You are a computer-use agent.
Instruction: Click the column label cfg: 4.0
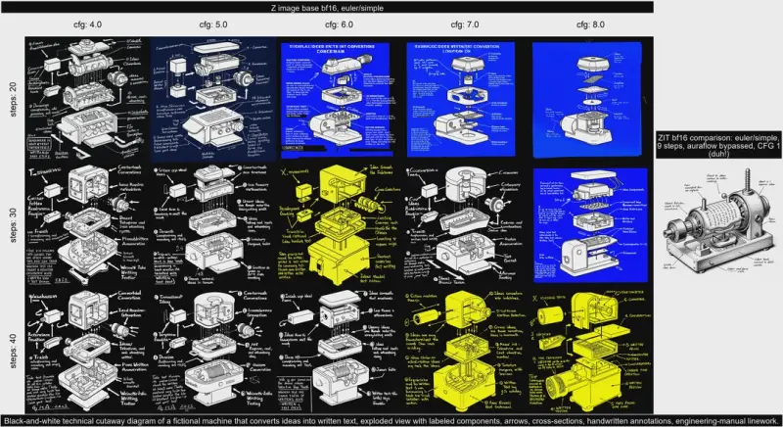[87, 24]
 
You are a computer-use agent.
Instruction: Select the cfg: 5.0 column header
[213, 24]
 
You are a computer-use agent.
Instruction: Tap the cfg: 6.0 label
[339, 24]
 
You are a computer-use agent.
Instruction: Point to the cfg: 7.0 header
[465, 24]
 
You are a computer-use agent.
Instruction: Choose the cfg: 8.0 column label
[591, 24]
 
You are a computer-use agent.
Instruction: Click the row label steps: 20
[12, 99]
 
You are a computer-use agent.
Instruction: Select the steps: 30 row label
[12, 225]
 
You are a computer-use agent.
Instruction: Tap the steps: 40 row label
[12, 350]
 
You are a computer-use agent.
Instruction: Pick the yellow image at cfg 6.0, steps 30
[339, 225]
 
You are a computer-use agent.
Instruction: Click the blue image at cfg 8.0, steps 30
[591, 225]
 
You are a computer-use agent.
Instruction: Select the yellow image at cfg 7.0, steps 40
[465, 350]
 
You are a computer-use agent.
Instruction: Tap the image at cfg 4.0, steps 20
[87, 99]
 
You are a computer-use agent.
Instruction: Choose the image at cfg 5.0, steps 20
[213, 99]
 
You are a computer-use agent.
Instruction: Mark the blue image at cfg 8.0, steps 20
[591, 99]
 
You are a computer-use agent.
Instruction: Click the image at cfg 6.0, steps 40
[339, 350]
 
